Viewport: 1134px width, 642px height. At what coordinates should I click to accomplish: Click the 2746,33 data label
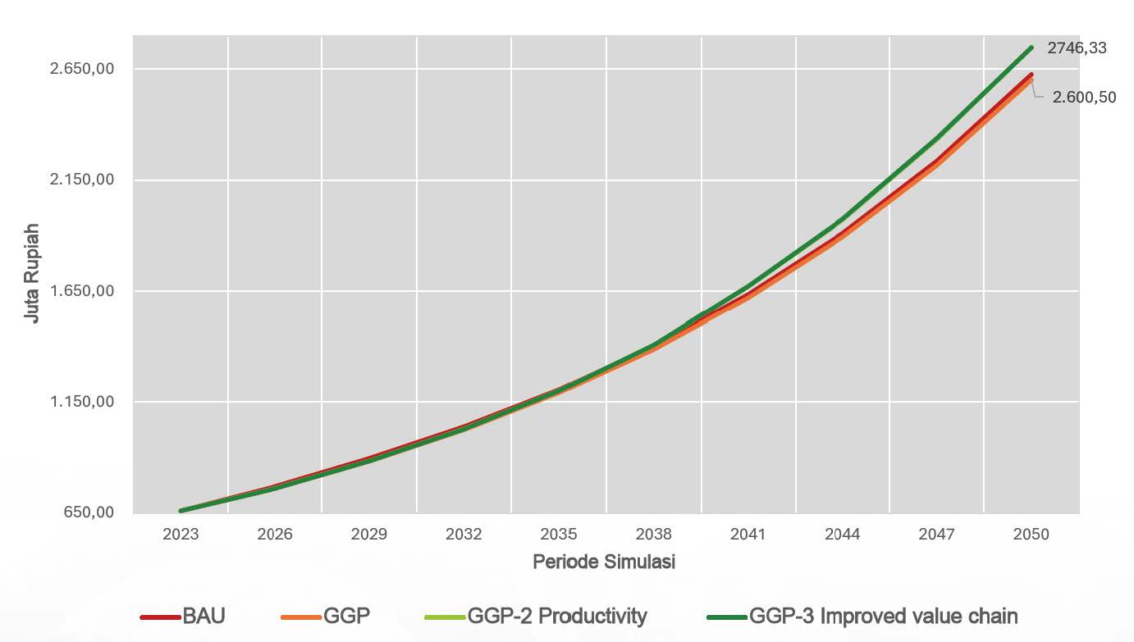point(1076,48)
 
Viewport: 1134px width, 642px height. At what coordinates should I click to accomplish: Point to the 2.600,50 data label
point(1086,97)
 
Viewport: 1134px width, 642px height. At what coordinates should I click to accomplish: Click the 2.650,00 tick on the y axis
point(81,69)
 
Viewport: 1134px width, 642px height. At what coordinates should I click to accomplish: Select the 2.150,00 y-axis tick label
point(81,180)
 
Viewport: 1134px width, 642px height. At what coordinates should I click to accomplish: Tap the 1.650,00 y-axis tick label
point(81,291)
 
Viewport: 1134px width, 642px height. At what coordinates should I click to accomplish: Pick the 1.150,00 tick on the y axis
point(81,402)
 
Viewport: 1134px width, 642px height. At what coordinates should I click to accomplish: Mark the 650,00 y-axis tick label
point(87,512)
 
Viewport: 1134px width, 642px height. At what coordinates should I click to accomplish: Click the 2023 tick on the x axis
point(181,535)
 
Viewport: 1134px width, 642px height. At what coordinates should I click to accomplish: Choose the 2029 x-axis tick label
point(369,535)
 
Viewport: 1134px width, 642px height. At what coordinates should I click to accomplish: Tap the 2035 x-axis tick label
point(559,535)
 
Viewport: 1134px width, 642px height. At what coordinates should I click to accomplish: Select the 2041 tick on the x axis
point(748,535)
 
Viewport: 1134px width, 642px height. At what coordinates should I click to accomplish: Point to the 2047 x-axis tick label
point(936,535)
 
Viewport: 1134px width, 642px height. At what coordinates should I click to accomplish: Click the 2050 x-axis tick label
point(1031,535)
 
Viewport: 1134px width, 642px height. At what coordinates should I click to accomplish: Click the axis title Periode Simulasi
point(604,562)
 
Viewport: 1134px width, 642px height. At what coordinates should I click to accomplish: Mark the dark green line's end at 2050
point(1031,48)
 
